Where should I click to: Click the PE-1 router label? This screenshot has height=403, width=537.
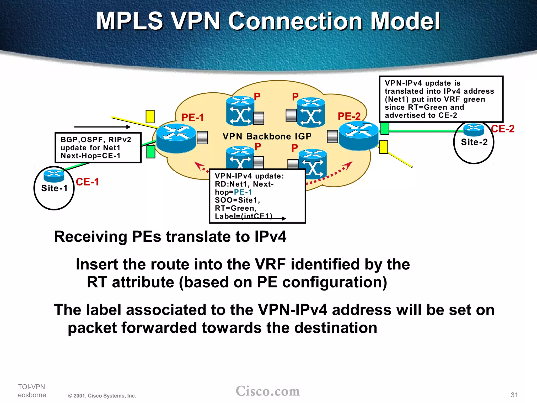[192, 117]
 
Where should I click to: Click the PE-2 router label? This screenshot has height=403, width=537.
[349, 116]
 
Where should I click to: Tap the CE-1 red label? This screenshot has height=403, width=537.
[87, 182]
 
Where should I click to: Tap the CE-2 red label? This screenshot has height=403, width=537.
[502, 129]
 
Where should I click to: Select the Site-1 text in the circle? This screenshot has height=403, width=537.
[54, 188]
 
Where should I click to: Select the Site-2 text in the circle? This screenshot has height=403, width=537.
[474, 142]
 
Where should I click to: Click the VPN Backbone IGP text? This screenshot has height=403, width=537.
[267, 136]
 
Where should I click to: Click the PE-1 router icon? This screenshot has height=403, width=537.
[176, 138]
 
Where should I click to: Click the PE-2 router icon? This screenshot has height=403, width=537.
[358, 136]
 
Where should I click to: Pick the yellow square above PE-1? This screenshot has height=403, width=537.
[150, 116]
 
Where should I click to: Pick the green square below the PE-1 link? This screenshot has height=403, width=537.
[151, 152]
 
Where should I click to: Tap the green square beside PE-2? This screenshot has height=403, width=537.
[385, 129]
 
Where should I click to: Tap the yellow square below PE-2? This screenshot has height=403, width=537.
[384, 147]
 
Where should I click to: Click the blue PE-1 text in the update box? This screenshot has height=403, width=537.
[243, 192]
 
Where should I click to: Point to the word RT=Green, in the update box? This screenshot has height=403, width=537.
[235, 208]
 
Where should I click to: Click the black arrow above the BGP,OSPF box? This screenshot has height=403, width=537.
[102, 127]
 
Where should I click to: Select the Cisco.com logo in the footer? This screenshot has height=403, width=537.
[267, 391]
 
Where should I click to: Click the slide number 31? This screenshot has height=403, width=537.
[514, 395]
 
